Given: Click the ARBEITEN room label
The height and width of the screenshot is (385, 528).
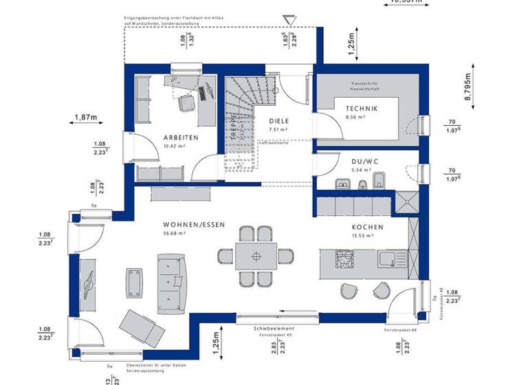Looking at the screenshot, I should click(x=180, y=137).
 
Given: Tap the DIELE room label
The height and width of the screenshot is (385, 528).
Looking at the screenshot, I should click(x=278, y=121).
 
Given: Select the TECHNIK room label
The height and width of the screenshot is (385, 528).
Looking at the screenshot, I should click(x=361, y=109).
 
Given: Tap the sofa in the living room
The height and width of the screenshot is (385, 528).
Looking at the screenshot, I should click(x=172, y=281).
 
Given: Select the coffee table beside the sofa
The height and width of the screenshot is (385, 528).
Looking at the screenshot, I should click(x=135, y=282).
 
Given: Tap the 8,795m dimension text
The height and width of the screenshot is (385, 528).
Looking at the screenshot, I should click(x=467, y=88).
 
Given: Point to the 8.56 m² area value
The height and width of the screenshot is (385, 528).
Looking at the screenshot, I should click(x=355, y=118).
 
